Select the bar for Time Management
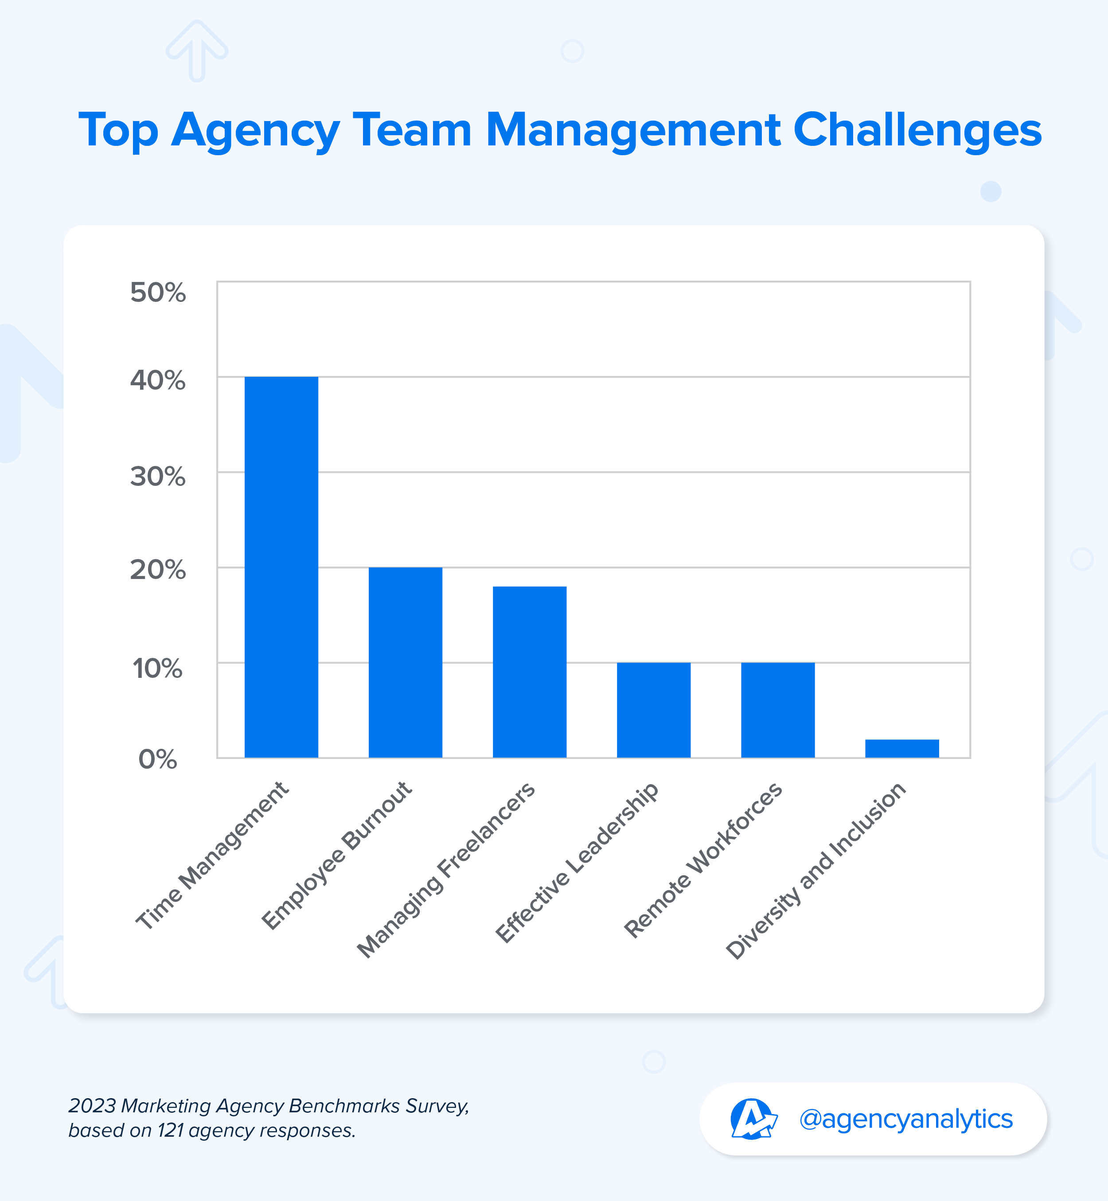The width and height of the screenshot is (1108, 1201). coord(281,567)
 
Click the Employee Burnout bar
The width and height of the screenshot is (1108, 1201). coord(406,662)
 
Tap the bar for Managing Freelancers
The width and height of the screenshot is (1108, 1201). coord(530,672)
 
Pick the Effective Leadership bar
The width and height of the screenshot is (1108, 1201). coord(654,710)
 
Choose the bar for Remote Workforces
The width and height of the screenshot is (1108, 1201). coord(778,710)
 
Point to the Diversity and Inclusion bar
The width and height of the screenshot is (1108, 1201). coord(902,748)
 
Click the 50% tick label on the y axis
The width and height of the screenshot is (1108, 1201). coord(158,293)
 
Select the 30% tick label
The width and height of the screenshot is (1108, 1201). coord(158,477)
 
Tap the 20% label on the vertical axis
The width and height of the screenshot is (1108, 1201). coord(158,570)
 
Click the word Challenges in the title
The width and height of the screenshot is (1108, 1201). coord(917,131)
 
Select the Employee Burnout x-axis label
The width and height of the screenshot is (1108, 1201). coord(337,856)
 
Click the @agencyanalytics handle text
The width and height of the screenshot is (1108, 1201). coord(905,1119)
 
